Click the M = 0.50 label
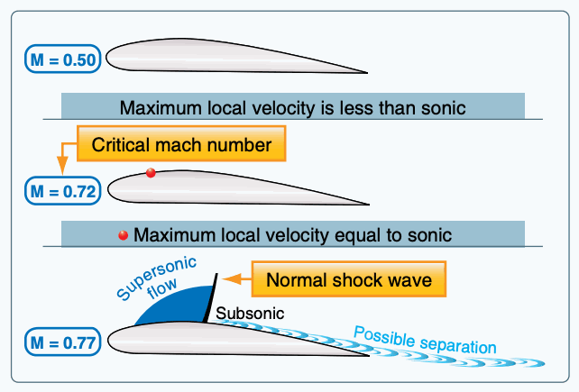tap(63, 59)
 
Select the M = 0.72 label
tap(63, 191)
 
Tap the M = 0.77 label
tap(63, 342)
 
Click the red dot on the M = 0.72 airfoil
tap(151, 172)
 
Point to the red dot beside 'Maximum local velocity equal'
tap(123, 235)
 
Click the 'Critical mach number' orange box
tap(181, 143)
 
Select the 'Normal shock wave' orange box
tap(349, 279)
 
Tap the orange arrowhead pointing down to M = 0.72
tap(62, 166)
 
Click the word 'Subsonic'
tap(250, 314)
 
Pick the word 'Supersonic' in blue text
tap(156, 278)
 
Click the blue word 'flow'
tap(162, 288)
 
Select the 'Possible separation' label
tap(425, 341)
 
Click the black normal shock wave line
tap(210, 298)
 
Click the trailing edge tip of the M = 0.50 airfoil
tap(367, 73)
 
